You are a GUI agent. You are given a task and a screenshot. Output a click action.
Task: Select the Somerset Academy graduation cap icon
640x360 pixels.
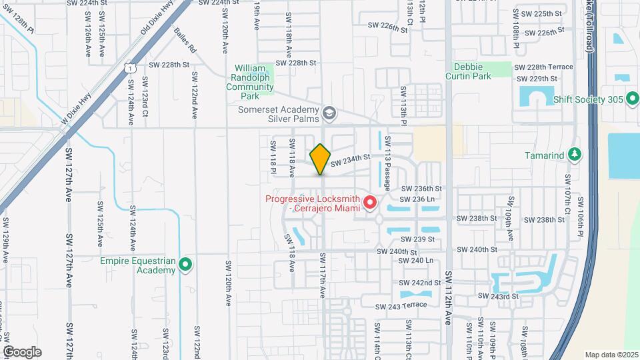[x=328, y=113]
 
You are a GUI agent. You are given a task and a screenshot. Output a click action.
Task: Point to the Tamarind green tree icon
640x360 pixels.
[x=575, y=155]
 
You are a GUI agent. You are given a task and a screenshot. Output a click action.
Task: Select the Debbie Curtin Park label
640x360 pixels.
[x=472, y=71]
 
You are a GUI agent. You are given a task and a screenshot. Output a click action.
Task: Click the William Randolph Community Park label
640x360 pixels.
[x=250, y=82]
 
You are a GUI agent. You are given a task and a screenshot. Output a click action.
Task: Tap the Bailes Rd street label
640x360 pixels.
[x=185, y=41]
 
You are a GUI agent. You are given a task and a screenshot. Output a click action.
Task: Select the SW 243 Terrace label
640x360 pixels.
[x=400, y=306]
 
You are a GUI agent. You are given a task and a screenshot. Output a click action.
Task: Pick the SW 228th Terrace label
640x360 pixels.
[x=550, y=67]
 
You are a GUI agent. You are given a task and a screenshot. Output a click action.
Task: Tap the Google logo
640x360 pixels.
[x=22, y=351]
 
